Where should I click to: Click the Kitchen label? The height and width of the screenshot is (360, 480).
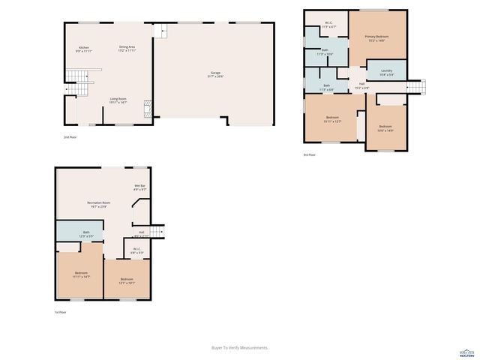coord(83,49)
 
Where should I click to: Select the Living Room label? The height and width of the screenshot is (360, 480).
coord(118,100)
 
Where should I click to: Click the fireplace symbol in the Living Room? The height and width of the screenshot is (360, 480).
coord(148,106)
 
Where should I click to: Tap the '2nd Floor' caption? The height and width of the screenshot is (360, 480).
coord(70,138)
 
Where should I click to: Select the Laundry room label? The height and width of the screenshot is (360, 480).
coord(386,72)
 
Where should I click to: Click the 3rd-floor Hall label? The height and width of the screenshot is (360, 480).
coord(361,85)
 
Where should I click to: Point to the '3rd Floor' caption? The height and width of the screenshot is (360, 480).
coord(309,155)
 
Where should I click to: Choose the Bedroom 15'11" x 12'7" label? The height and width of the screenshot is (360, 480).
coord(333,119)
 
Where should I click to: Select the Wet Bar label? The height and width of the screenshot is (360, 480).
coord(139,187)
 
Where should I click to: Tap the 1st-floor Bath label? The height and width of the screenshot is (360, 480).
coord(86,234)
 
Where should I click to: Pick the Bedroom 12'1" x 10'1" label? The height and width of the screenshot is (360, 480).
coord(127,280)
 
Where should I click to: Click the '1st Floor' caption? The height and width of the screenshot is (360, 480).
coord(61,312)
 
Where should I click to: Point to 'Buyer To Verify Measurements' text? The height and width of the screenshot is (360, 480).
coord(240,348)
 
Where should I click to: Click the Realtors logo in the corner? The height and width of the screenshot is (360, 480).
coord(466,352)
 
